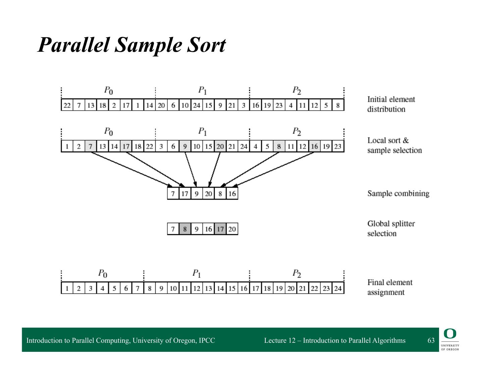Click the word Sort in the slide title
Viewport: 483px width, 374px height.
206,45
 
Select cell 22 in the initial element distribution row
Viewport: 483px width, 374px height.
67,106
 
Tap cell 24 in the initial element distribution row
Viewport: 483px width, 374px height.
197,106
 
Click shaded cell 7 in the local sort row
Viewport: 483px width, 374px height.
91,147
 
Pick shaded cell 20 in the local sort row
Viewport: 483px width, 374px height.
220,147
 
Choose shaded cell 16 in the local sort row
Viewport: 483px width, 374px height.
314,147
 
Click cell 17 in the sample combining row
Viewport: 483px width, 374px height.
185,194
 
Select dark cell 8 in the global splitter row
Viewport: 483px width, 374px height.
185,229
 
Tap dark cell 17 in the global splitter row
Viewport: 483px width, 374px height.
220,229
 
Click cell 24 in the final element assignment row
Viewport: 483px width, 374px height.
338,288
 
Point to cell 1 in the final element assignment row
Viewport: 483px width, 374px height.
67,288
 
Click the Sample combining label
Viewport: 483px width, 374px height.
398,194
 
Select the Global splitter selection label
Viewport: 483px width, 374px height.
391,228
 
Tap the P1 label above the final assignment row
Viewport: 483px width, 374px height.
197,274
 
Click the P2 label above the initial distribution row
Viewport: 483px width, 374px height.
297,90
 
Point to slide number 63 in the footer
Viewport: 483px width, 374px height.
431,340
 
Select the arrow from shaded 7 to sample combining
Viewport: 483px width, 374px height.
131,169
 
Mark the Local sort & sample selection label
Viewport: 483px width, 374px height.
394,145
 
